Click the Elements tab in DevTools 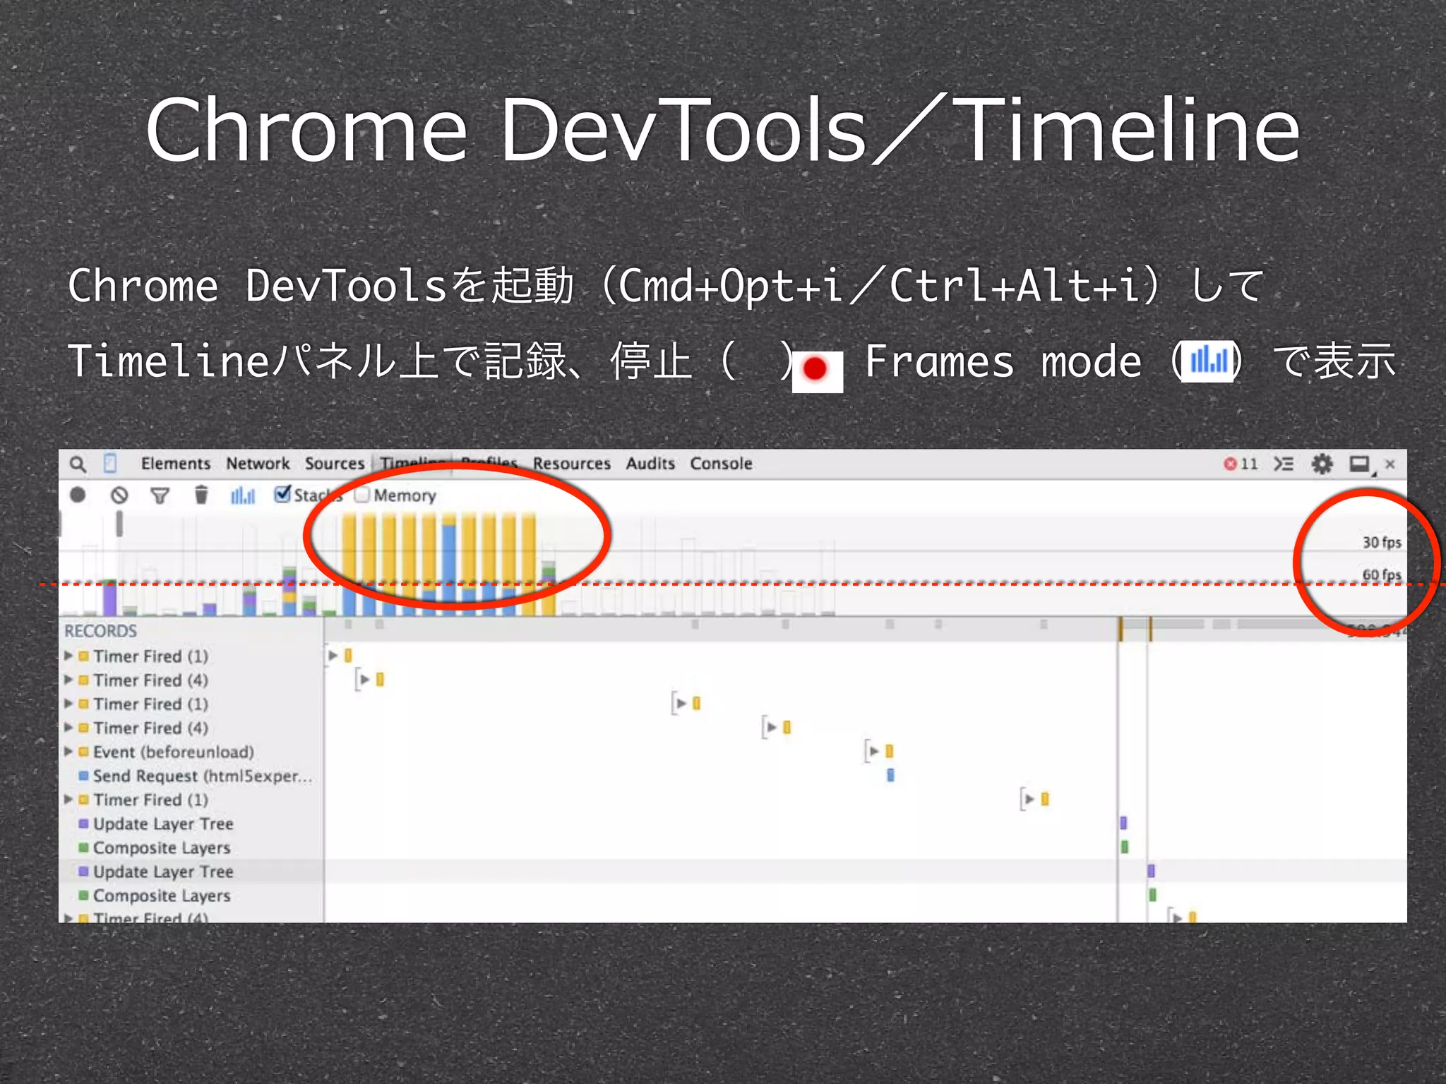tap(175, 464)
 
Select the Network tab tap(258, 464)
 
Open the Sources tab tap(334, 464)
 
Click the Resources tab tap(571, 464)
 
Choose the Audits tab tap(650, 464)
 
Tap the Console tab tap(721, 464)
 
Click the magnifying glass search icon tap(78, 464)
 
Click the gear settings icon tap(1321, 464)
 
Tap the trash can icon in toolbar tap(201, 495)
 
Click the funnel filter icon tap(160, 495)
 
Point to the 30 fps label tap(1381, 542)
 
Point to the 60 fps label tap(1381, 574)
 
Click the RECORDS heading tap(100, 631)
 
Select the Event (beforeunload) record tap(173, 752)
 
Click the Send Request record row tap(201, 776)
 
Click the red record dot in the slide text tap(815, 368)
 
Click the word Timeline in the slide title tap(1128, 131)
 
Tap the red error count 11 tap(1241, 464)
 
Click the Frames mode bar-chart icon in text tap(1208, 361)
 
